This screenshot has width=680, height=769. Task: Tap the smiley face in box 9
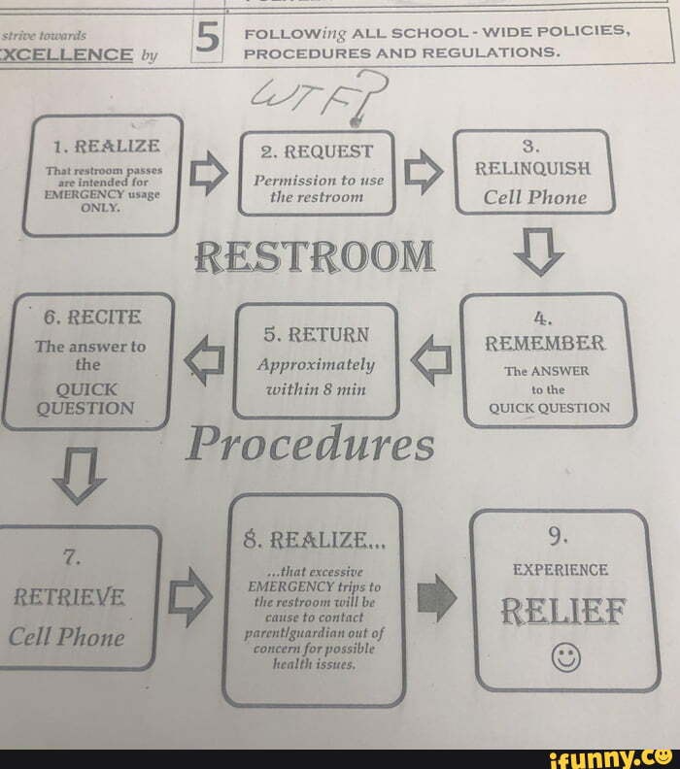click(x=565, y=659)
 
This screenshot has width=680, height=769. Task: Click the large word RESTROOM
click(x=313, y=256)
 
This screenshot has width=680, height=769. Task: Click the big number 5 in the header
click(x=206, y=39)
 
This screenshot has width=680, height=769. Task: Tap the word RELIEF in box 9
click(x=562, y=614)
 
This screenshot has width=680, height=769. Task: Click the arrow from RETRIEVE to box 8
click(x=190, y=596)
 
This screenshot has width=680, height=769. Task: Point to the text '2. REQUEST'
click(x=318, y=151)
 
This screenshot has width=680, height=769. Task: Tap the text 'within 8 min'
click(x=316, y=388)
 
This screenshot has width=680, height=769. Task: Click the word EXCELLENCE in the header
click(x=67, y=54)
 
